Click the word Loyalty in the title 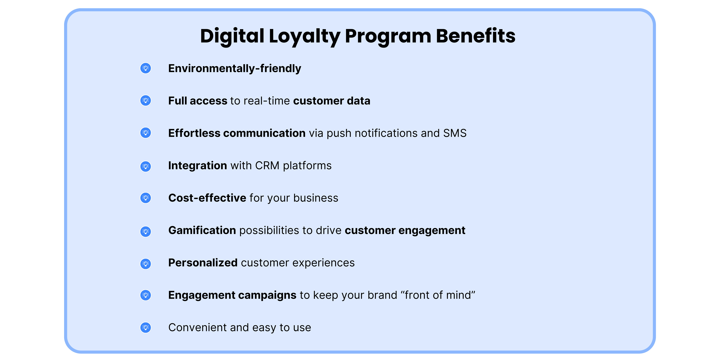pos(304,36)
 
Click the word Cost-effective pos(207,198)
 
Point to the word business pos(316,198)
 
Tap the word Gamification pos(202,230)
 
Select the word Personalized pos(203,263)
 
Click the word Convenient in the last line pos(198,328)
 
